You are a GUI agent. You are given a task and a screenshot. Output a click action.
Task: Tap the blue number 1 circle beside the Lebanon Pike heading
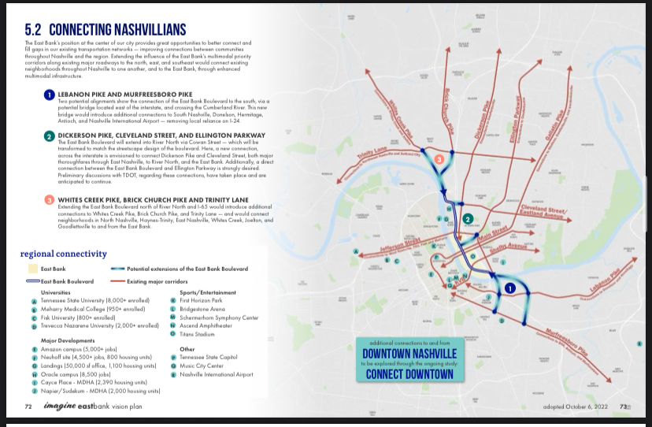pos(49,95)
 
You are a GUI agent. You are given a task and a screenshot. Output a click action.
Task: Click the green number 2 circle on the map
pos(467,219)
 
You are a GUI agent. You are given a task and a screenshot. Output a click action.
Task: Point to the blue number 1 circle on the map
pos(509,289)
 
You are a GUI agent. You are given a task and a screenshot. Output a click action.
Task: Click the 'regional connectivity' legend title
pos(64,254)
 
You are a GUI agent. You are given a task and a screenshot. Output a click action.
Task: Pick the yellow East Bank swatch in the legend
pos(32,269)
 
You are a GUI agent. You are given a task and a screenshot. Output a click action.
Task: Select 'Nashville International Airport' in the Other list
pos(217,374)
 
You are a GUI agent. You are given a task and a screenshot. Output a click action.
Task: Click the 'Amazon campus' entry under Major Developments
pos(70,348)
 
